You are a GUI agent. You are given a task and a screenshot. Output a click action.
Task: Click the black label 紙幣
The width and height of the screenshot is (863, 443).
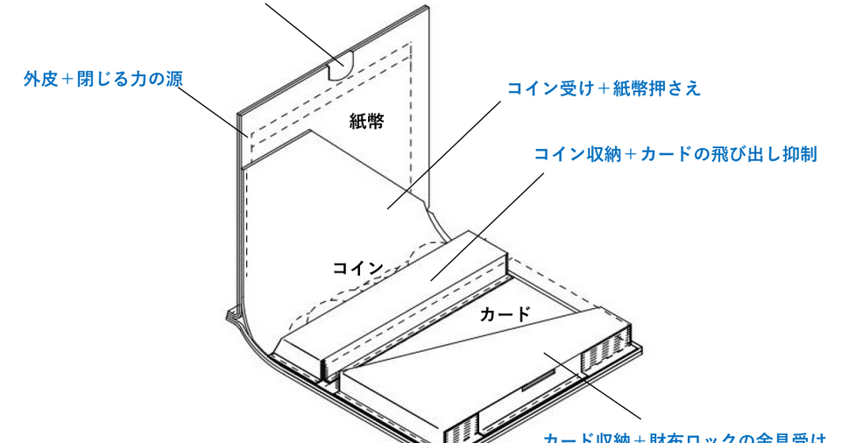(366, 122)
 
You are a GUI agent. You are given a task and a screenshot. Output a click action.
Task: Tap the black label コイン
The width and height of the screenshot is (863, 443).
(357, 268)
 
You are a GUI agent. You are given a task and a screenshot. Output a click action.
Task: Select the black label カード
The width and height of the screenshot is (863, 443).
(505, 314)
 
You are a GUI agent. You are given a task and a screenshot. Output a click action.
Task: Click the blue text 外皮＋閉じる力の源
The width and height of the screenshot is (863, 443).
(103, 80)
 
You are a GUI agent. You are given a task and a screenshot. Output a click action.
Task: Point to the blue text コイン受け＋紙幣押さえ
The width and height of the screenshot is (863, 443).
(604, 88)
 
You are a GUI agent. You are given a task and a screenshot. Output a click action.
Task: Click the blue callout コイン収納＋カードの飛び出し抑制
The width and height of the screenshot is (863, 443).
(675, 155)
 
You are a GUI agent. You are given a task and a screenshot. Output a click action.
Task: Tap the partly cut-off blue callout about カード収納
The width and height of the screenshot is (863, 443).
(683, 438)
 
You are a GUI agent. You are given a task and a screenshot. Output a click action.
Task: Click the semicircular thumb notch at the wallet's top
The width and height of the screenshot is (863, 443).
(338, 65)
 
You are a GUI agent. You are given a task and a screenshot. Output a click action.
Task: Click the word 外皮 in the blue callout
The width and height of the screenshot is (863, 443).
(39, 80)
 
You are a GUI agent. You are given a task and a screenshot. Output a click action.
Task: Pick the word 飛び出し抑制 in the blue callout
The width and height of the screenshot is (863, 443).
(763, 155)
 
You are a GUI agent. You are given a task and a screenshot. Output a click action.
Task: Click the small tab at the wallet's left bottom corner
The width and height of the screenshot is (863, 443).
(233, 313)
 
